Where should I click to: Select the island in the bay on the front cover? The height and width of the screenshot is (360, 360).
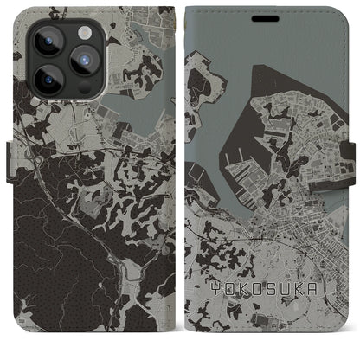[x=200, y=87]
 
